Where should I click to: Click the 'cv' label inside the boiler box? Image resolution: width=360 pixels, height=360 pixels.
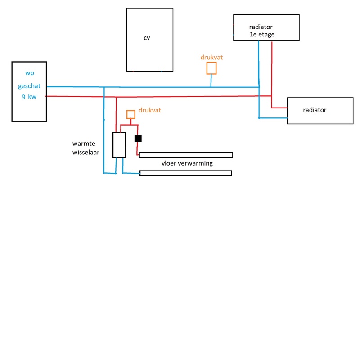click(147, 38)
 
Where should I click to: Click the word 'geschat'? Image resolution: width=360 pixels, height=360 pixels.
click(29, 86)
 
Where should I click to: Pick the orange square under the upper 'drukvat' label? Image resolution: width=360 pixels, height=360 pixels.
click(211, 68)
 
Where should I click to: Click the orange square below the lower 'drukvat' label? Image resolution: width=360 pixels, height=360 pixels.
click(130, 114)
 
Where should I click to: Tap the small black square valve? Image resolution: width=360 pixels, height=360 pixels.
click(138, 138)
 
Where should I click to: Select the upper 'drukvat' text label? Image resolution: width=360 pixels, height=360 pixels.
click(211, 58)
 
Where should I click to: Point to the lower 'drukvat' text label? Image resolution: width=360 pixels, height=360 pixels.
click(150, 110)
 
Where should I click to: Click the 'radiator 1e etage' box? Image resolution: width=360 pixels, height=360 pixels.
click(266, 27)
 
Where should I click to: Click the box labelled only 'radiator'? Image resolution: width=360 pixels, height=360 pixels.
click(320, 111)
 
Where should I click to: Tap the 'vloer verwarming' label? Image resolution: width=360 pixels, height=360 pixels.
click(187, 163)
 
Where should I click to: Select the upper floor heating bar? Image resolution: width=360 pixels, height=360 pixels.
click(186, 155)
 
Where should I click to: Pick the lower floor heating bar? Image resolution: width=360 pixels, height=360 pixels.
click(186, 173)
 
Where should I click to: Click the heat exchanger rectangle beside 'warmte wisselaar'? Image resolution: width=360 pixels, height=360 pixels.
click(119, 145)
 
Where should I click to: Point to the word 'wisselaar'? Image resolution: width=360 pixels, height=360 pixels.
click(85, 152)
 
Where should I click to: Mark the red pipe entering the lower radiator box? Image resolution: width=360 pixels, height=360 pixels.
click(279, 108)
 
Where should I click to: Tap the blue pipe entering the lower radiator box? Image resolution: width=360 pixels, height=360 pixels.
click(273, 118)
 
